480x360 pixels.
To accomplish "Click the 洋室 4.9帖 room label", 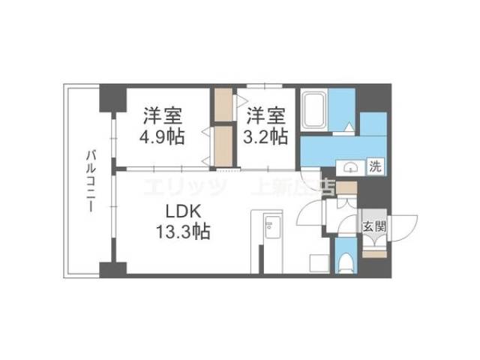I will click(x=162, y=127).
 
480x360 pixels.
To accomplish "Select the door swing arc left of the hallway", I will click(x=309, y=214).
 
